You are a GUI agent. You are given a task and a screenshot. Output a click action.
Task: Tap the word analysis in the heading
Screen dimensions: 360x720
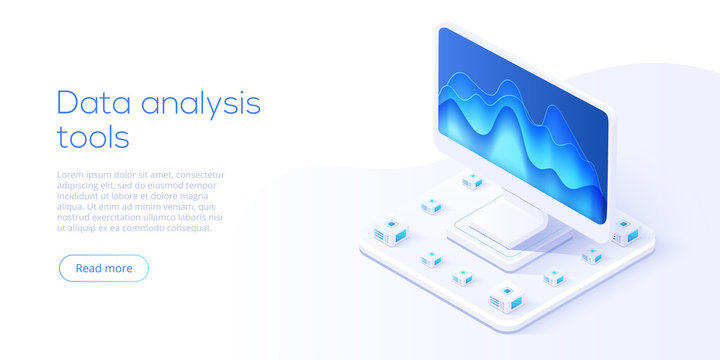pyautogui.click(x=199, y=103)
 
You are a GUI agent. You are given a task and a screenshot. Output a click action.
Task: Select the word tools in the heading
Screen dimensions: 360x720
pyautogui.click(x=92, y=137)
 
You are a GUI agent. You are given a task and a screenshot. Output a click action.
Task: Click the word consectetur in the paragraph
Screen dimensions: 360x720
pyautogui.click(x=200, y=174)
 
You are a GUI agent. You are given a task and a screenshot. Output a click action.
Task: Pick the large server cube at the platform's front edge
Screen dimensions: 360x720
pyautogui.click(x=504, y=296)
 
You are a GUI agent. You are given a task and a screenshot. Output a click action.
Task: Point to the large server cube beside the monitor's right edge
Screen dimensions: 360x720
pyautogui.click(x=625, y=232)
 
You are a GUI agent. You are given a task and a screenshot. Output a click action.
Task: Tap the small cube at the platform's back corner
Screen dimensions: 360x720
pyautogui.click(x=472, y=181)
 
